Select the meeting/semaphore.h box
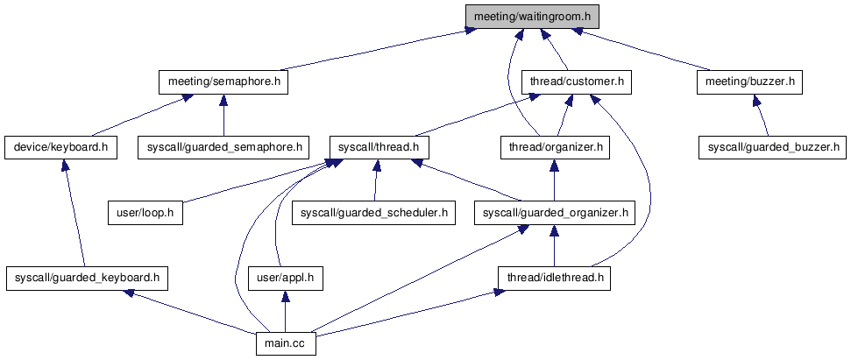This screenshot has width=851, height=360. [223, 82]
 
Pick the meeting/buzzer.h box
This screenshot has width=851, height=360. [750, 82]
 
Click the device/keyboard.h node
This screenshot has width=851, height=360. [60, 147]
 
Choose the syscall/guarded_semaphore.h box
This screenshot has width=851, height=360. [224, 147]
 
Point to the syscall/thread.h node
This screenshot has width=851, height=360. [375, 147]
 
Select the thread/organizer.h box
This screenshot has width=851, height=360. [553, 147]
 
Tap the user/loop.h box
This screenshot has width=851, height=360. [145, 213]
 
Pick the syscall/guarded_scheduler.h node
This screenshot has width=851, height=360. [374, 213]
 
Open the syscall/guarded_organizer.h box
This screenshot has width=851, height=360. [553, 213]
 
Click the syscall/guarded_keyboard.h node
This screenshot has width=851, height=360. [86, 279]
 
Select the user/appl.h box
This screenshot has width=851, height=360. [281, 279]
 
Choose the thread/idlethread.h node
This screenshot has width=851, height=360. [553, 279]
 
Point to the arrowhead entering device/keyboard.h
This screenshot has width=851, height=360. [63, 166]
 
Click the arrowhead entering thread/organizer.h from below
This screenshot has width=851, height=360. [553, 166]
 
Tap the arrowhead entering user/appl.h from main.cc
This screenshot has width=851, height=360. [282, 296]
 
